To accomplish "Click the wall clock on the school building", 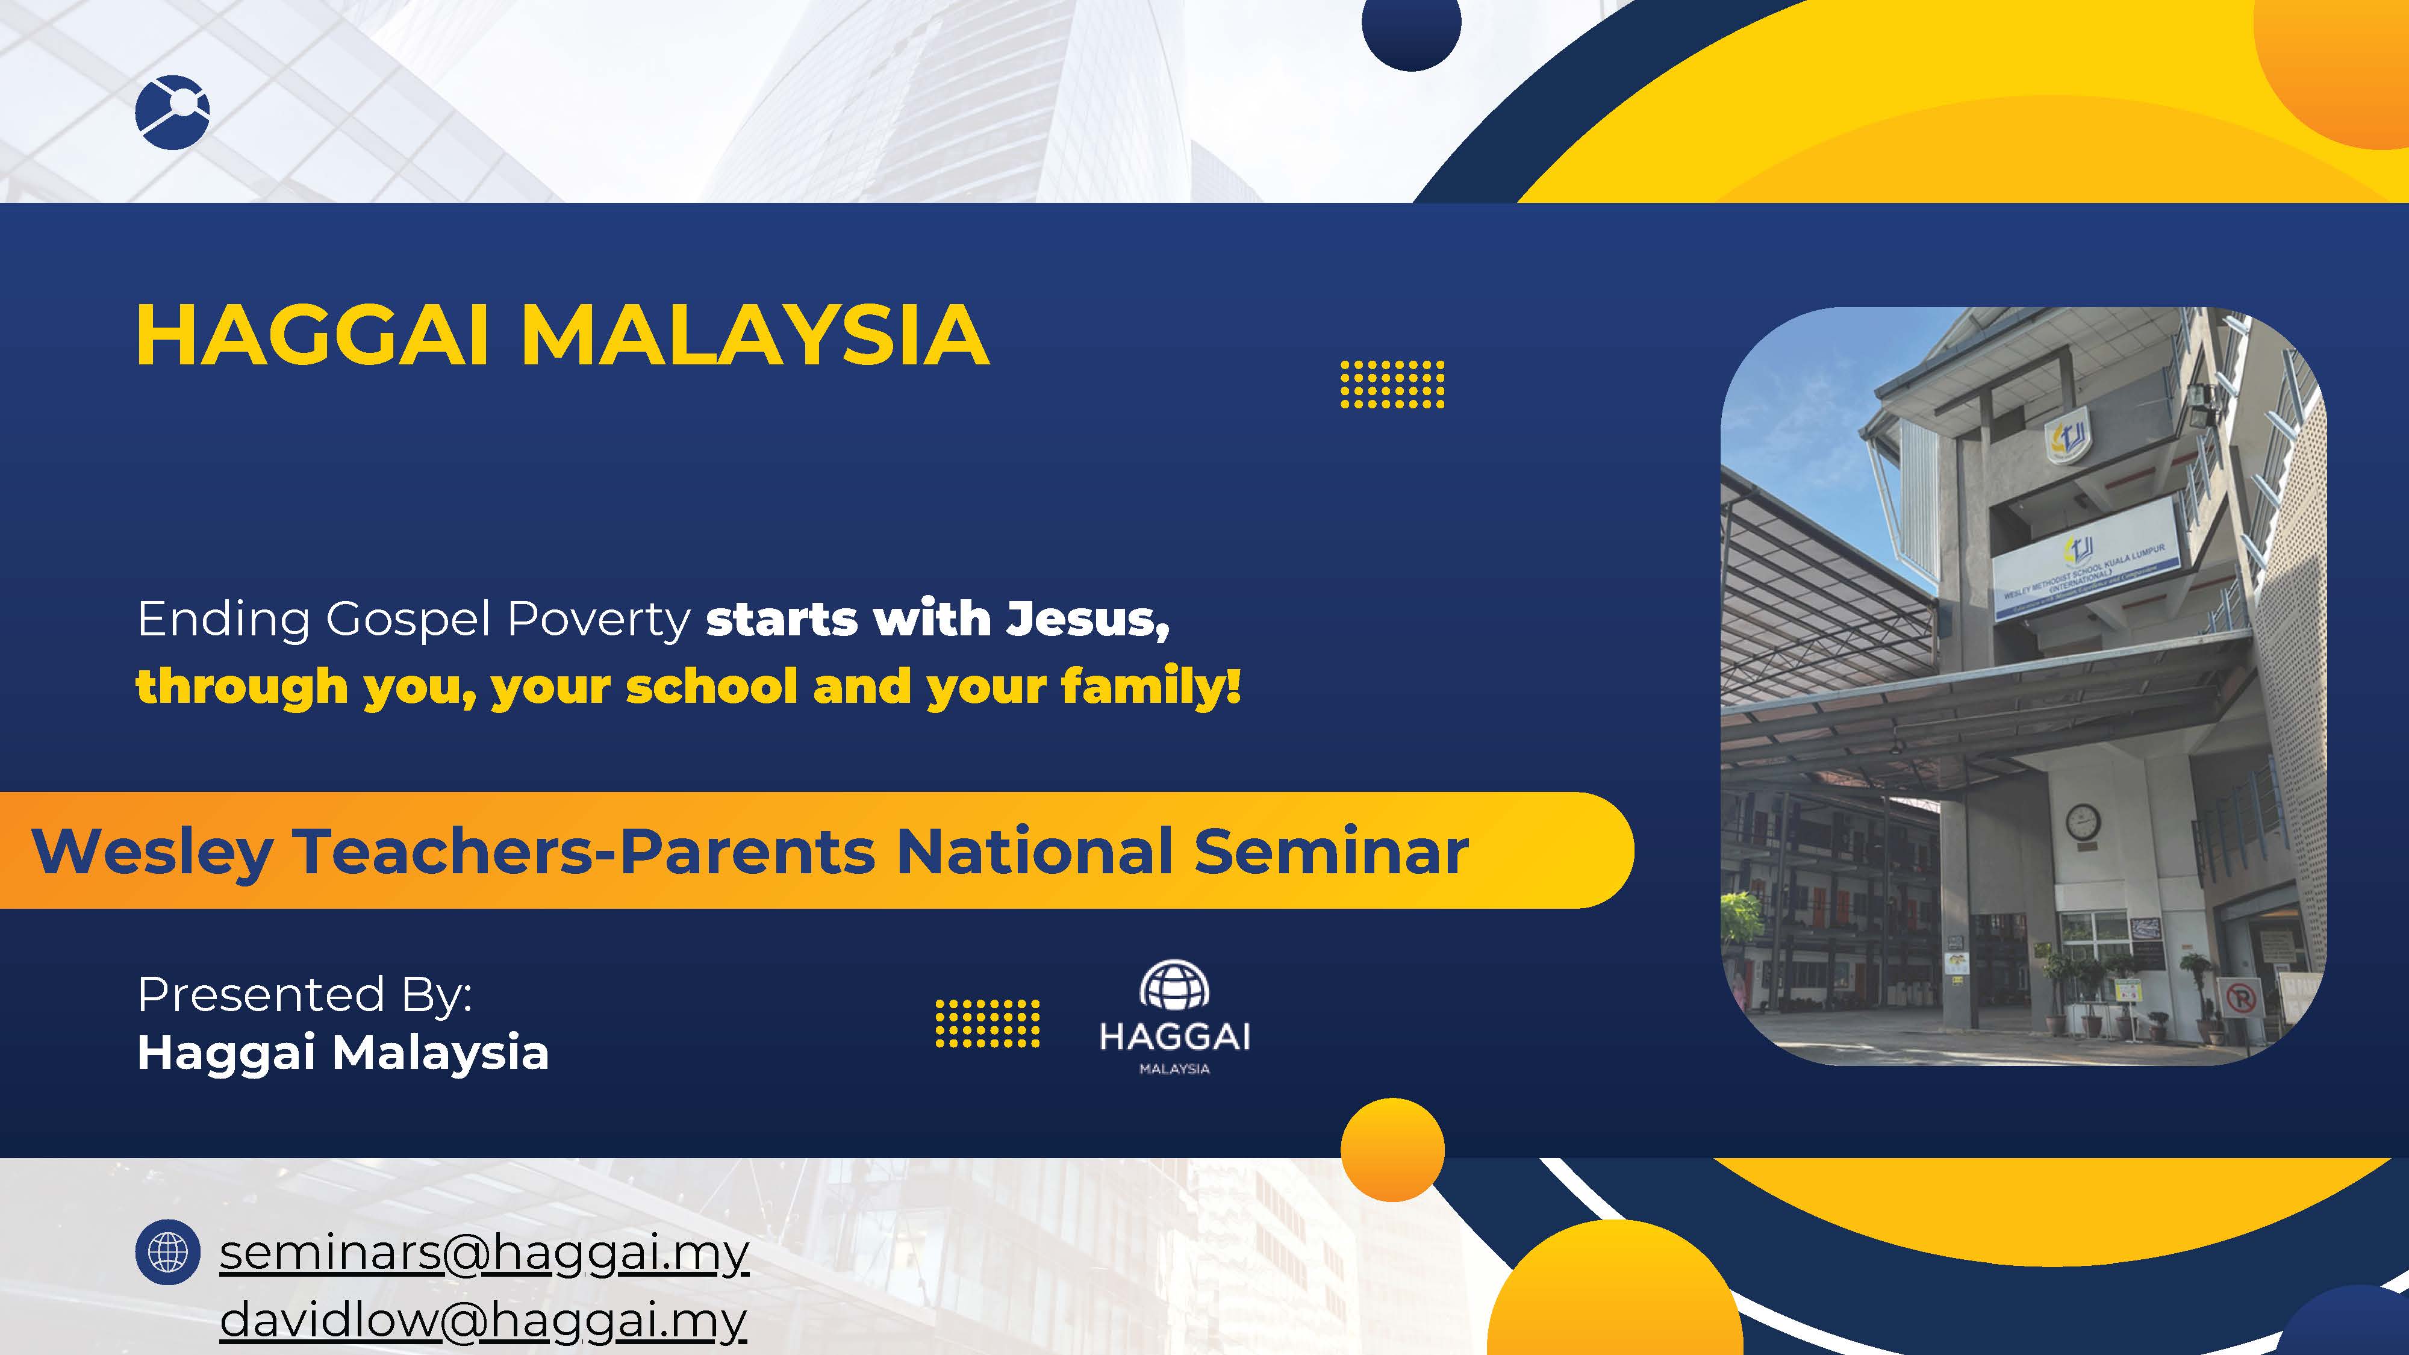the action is (2083, 822).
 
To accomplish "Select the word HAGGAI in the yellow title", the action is (313, 335).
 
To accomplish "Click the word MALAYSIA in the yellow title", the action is (754, 335).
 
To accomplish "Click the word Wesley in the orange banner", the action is (152, 851).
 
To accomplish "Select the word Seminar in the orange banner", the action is (1331, 851).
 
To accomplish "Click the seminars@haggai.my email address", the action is (484, 1253).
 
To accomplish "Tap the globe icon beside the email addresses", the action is (169, 1252).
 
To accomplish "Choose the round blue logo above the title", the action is (172, 111).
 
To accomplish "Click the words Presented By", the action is (305, 994).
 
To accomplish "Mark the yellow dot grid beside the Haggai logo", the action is (988, 1023).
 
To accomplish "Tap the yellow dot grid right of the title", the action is (1392, 384).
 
